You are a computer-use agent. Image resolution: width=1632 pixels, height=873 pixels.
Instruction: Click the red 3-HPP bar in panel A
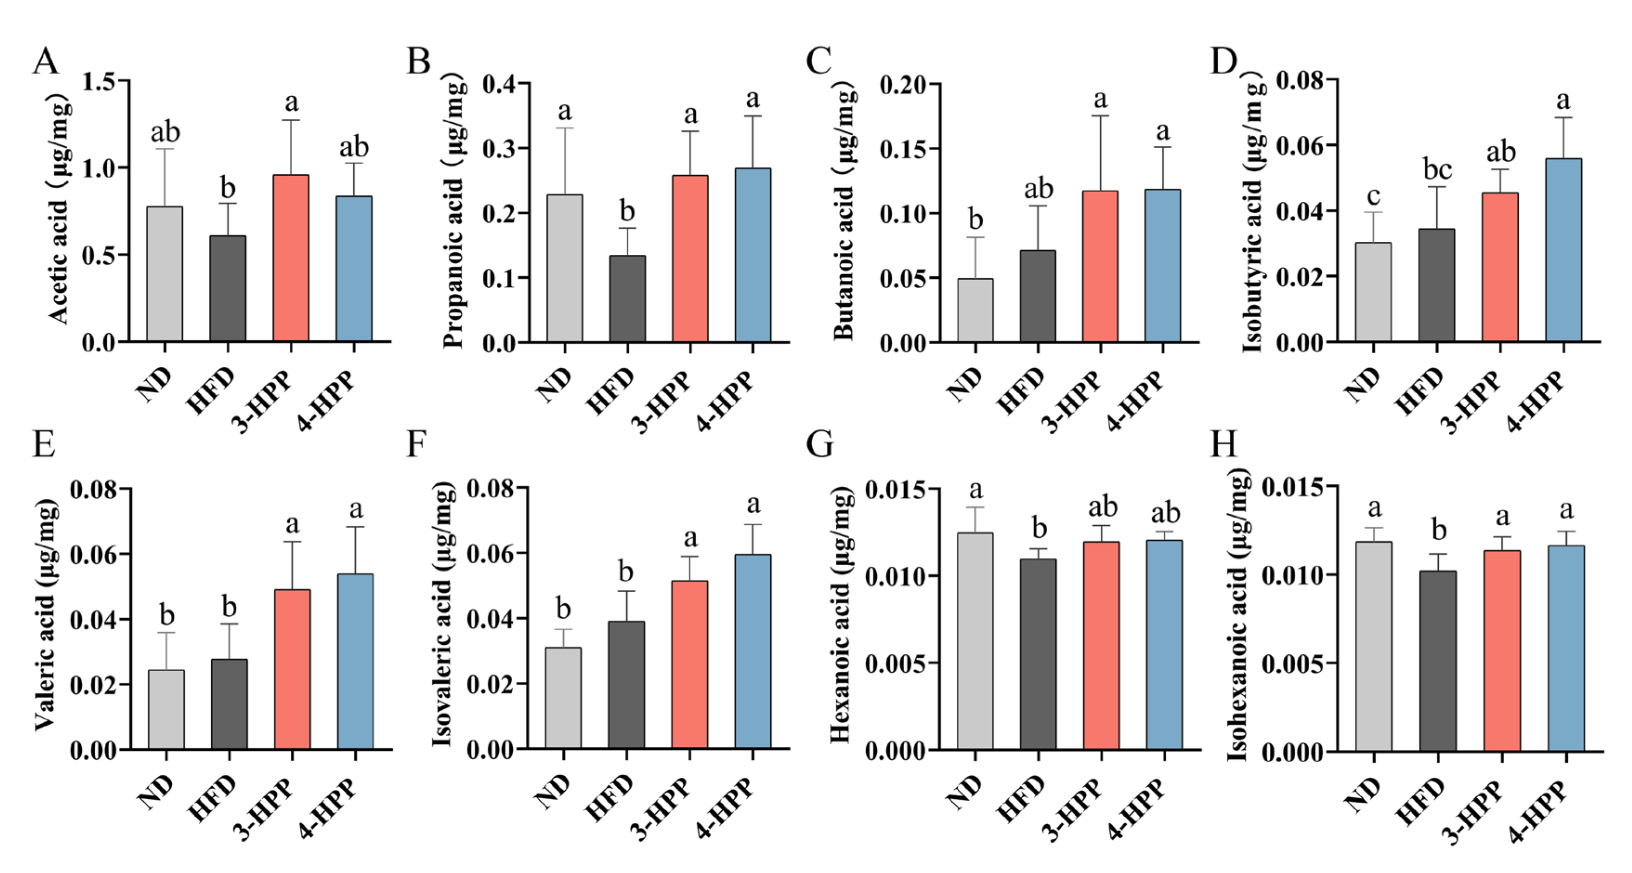291,258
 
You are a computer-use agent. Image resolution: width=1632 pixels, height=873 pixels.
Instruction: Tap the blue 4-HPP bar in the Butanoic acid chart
1162,266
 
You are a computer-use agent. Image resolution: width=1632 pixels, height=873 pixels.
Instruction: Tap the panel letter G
819,444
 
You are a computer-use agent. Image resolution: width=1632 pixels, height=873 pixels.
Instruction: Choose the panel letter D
1223,61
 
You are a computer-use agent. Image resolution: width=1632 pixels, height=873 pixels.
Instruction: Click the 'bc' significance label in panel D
1437,170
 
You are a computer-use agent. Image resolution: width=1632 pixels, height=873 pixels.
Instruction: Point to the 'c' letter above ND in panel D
1373,196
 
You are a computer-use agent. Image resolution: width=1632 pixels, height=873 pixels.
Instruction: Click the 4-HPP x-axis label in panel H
1536,812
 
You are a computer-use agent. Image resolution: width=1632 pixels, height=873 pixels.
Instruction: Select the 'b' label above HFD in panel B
627,211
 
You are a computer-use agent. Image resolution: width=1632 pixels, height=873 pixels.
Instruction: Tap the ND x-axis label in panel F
553,793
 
